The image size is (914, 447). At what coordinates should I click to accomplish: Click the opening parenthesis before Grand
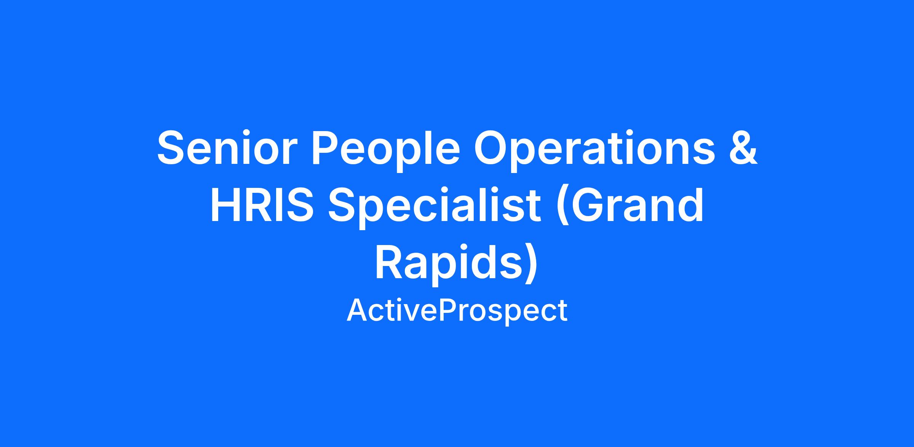click(x=562, y=208)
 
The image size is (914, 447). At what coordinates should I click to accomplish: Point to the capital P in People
click(x=327, y=148)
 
